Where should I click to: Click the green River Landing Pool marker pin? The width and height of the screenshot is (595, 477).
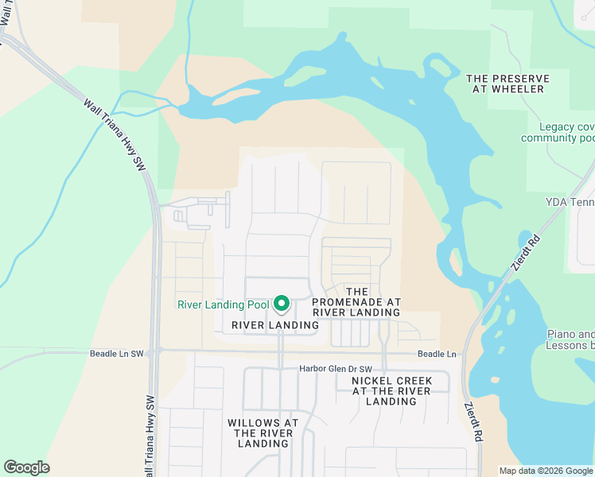click(x=281, y=304)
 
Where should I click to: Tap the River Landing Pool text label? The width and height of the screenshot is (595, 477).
click(x=224, y=304)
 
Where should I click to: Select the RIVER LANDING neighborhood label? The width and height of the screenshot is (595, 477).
click(x=275, y=325)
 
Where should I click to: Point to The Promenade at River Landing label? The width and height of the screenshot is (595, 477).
click(x=356, y=302)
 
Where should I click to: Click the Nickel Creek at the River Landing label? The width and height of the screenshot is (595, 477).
click(x=391, y=390)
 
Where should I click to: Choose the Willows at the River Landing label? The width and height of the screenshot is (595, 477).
click(x=262, y=432)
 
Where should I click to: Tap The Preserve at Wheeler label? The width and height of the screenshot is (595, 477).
click(x=507, y=83)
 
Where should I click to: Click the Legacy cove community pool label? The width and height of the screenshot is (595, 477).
click(x=557, y=132)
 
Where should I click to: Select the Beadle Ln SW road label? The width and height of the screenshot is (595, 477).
click(x=117, y=353)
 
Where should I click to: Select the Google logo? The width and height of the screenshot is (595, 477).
click(x=26, y=467)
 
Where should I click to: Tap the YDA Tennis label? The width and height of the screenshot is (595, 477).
click(x=571, y=203)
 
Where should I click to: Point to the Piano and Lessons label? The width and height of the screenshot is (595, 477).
click(x=570, y=339)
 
